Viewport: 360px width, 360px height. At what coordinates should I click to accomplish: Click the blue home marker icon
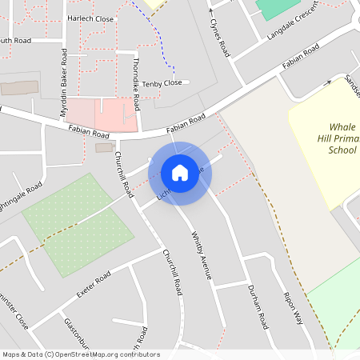point(179,172)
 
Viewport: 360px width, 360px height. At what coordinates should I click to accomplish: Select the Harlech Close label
point(90,18)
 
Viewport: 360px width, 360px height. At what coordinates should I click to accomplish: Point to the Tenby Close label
point(163,83)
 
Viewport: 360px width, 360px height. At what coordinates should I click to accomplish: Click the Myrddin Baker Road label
point(63,82)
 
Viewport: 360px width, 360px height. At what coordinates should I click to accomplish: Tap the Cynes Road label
point(219,32)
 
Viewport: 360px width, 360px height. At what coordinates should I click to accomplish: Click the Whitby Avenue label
point(201,256)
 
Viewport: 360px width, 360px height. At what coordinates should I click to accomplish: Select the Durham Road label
point(257,307)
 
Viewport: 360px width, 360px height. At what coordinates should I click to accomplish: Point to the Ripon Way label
point(294,308)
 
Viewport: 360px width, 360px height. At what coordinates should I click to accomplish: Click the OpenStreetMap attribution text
point(80,354)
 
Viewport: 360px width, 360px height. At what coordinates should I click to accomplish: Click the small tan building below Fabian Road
point(104,147)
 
